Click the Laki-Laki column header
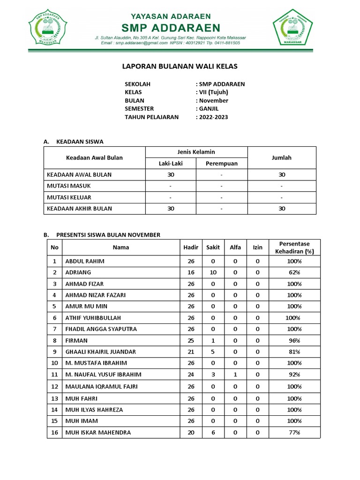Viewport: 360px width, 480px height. click(x=171, y=164)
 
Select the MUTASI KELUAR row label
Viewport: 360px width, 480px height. click(x=69, y=197)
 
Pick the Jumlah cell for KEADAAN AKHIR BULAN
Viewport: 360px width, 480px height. click(x=281, y=209)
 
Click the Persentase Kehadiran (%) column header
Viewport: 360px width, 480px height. click(x=294, y=247)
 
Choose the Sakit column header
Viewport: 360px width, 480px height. click(x=213, y=247)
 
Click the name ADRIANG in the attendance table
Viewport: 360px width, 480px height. click(x=78, y=272)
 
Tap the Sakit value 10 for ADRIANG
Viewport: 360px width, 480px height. click(x=213, y=272)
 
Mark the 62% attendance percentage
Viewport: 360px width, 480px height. click(x=294, y=272)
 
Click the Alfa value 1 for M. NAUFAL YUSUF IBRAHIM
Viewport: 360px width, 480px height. click(x=235, y=374)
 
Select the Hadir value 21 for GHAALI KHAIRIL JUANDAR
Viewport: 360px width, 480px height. click(x=191, y=352)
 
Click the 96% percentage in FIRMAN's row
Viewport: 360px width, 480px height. click(x=294, y=340)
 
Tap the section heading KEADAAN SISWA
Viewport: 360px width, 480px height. click(x=80, y=141)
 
